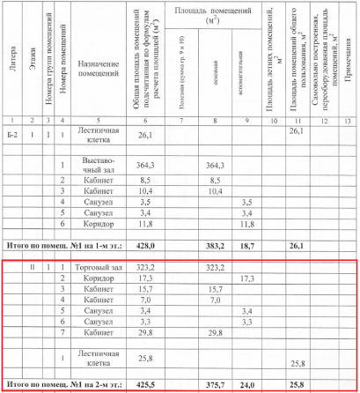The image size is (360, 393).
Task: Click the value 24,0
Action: tap(249, 385)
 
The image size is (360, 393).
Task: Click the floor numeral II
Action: tap(33, 265)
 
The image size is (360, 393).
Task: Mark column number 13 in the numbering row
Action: tap(348, 119)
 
